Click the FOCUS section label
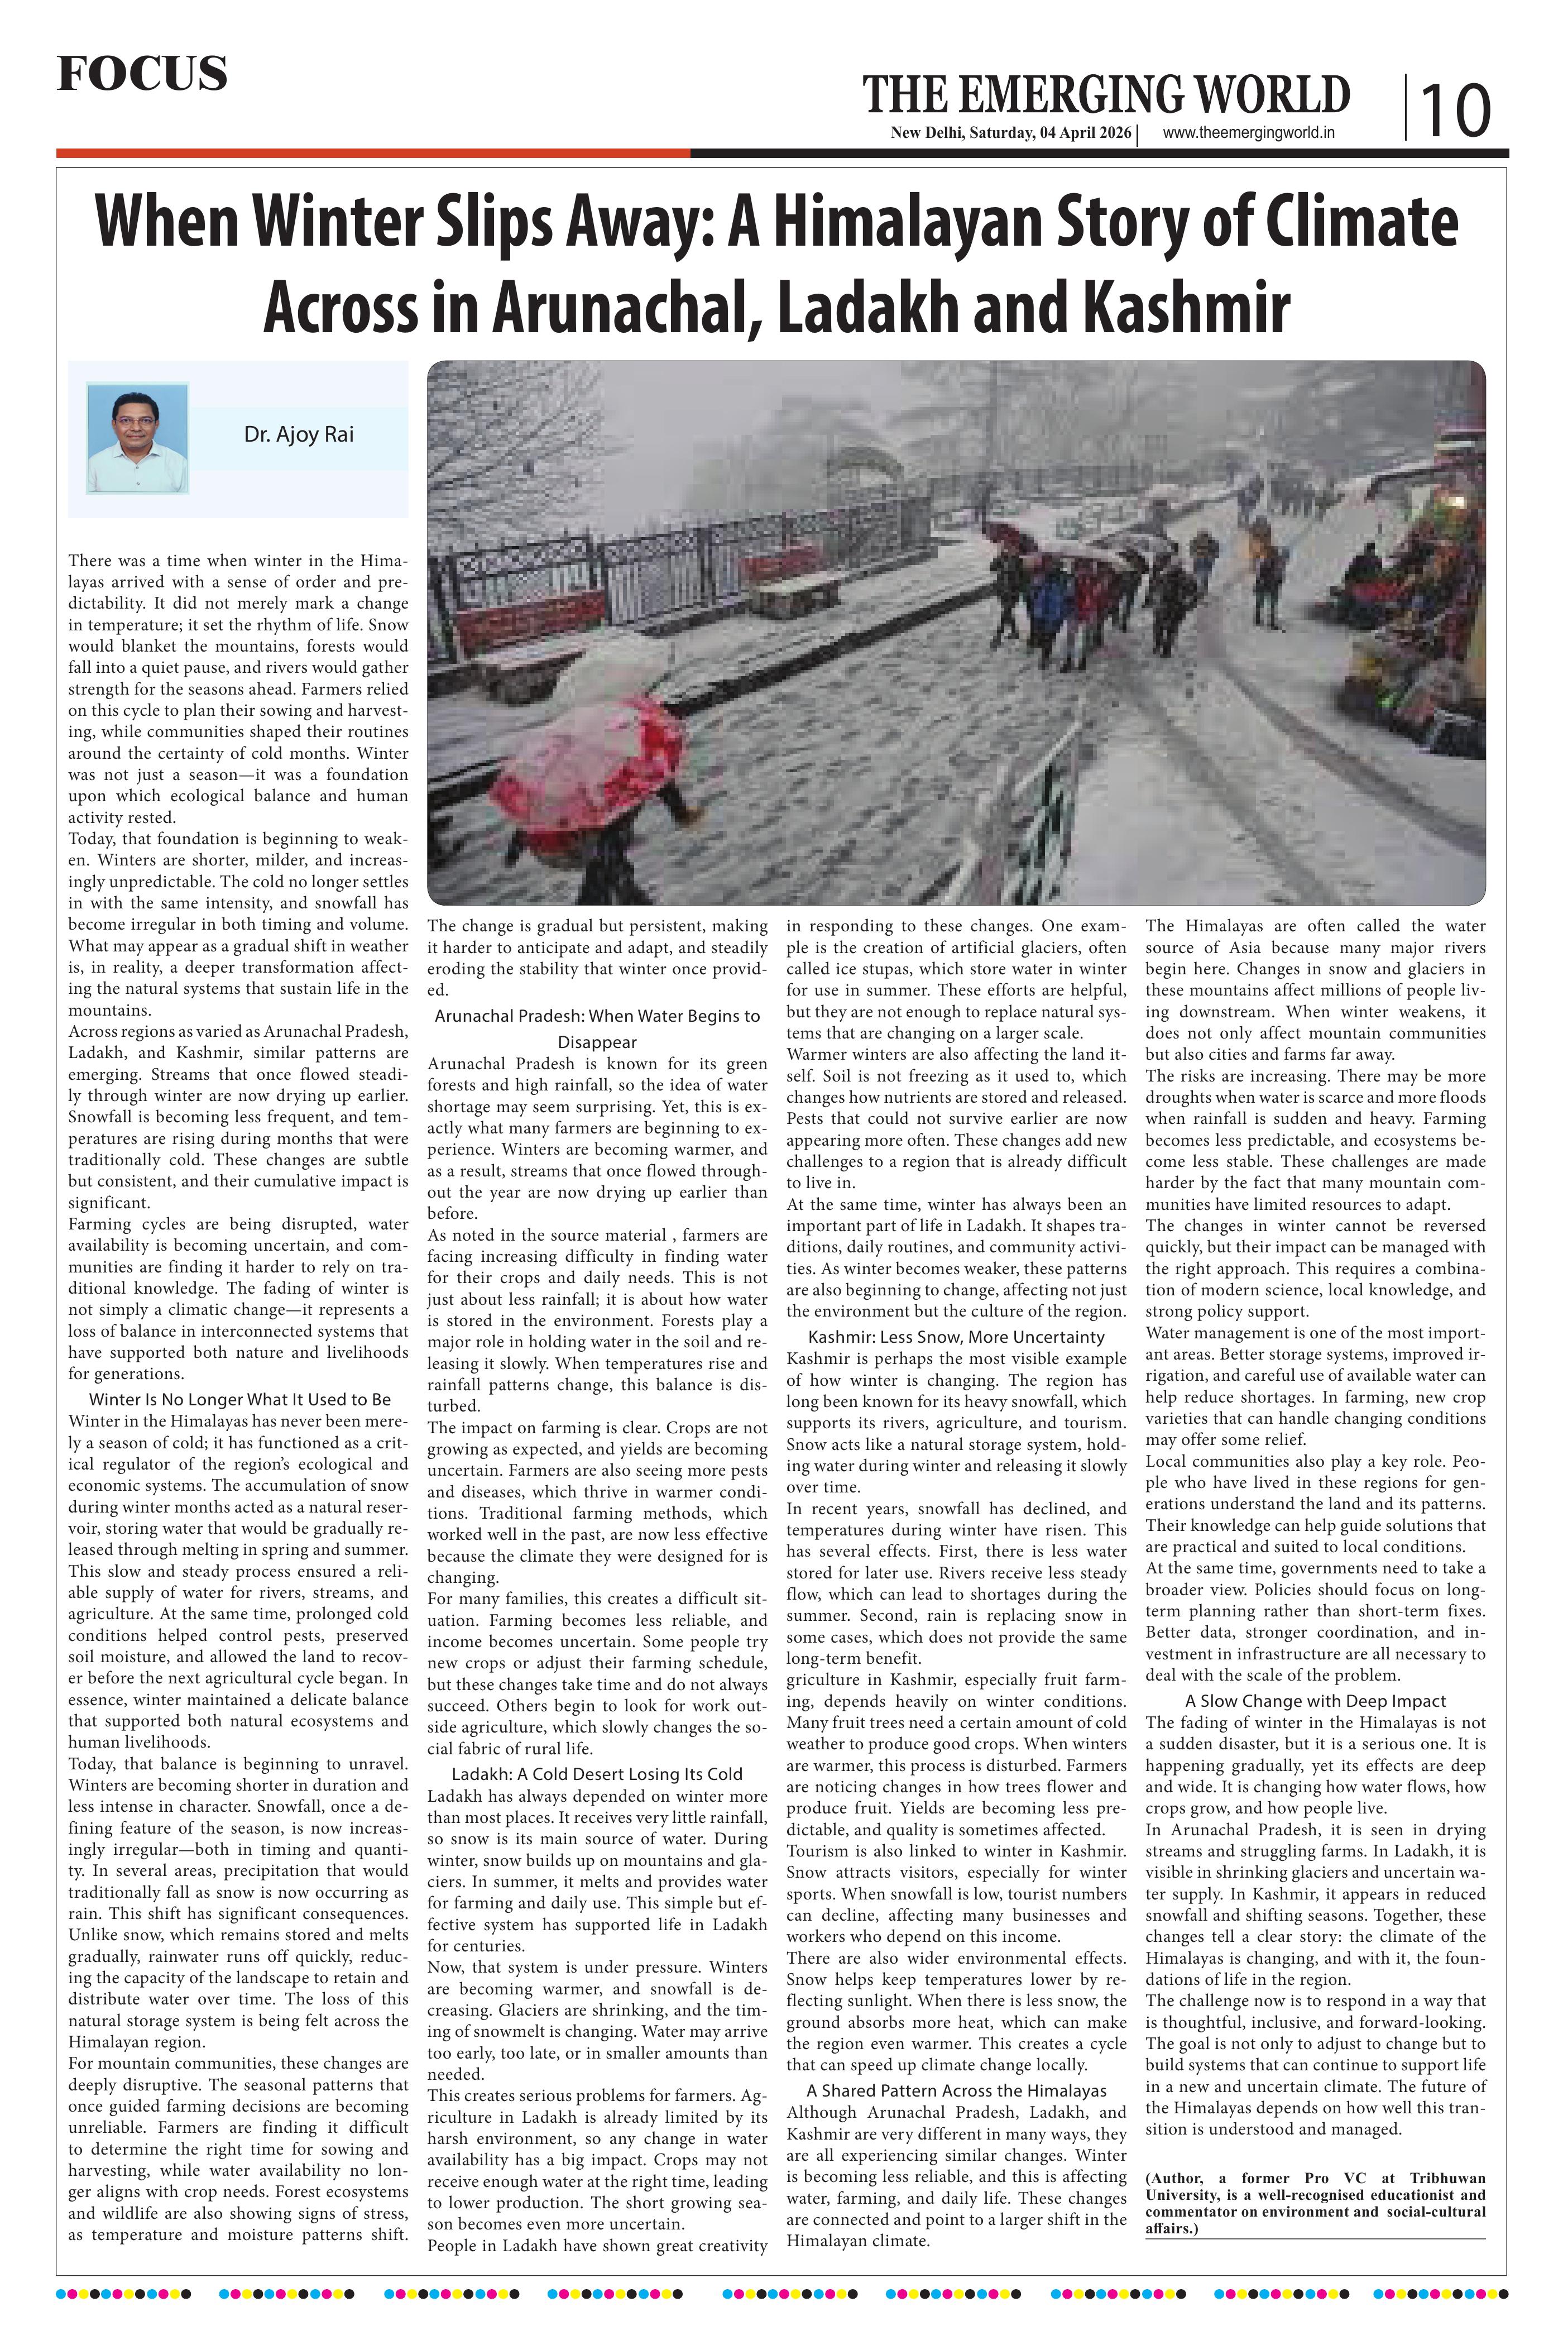[x=142, y=74]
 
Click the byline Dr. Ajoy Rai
[x=298, y=435]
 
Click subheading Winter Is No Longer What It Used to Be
[x=239, y=1400]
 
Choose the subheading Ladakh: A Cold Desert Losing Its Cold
[x=597, y=1774]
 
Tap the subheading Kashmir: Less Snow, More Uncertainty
[x=956, y=1337]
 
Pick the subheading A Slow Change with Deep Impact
[x=1315, y=1701]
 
